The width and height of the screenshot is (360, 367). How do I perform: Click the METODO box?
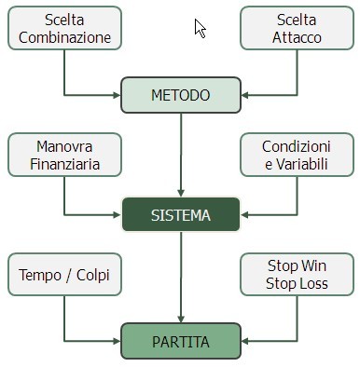(181, 95)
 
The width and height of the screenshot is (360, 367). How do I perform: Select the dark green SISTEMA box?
(181, 215)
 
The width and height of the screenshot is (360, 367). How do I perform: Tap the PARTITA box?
(181, 341)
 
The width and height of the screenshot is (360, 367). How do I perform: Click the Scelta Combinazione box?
(64, 29)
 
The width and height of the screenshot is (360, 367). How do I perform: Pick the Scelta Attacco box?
(296, 29)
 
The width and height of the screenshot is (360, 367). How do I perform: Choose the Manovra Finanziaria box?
(64, 156)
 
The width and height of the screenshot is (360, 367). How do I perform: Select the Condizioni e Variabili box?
(296, 156)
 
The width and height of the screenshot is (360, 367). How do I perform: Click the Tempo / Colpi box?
(64, 275)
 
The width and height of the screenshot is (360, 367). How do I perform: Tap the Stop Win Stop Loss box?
(296, 275)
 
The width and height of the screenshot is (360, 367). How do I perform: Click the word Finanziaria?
(64, 165)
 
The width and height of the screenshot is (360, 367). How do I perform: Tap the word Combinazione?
(64, 38)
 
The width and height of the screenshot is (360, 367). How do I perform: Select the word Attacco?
(296, 38)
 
